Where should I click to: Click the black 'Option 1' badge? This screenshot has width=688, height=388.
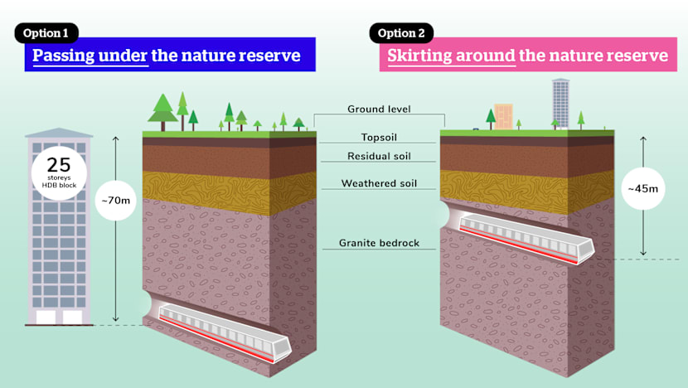pyautogui.click(x=46, y=33)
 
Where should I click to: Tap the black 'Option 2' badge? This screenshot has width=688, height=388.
pyautogui.click(x=402, y=33)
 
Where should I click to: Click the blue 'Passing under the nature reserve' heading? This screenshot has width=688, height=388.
pyautogui.click(x=166, y=56)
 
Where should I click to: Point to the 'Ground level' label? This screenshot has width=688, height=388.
pyautogui.click(x=379, y=109)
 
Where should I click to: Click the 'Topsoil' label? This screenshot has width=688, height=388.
pyautogui.click(x=379, y=137)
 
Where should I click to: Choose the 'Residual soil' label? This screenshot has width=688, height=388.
pyautogui.click(x=379, y=156)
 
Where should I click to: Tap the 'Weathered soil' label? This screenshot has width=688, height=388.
pyautogui.click(x=379, y=183)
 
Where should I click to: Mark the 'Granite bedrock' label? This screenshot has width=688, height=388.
pyautogui.click(x=379, y=244)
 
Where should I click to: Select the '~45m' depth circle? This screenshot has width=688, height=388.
pyautogui.click(x=643, y=190)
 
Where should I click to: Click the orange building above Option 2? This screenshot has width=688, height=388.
pyautogui.click(x=503, y=117)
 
